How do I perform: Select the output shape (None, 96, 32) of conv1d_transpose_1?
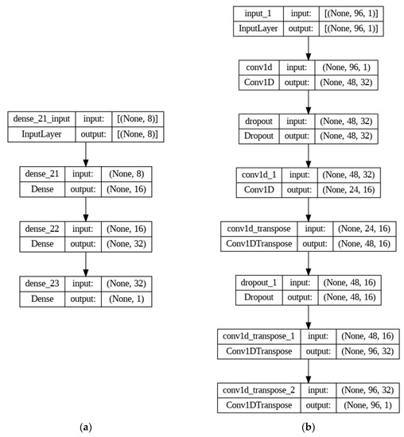coord(366,350)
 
